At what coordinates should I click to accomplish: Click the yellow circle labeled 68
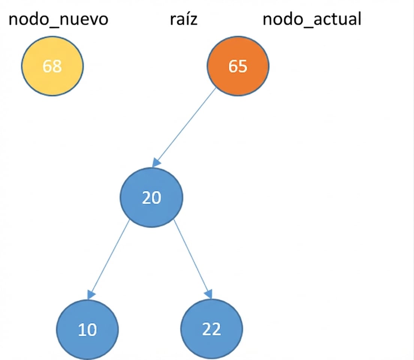click(52, 66)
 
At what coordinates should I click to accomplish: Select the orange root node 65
click(238, 66)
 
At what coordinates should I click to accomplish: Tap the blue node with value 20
click(151, 197)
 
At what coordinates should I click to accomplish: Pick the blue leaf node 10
click(88, 329)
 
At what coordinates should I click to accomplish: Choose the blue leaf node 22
click(211, 329)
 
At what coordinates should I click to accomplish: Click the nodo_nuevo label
click(58, 19)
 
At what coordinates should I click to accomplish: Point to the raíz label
click(183, 19)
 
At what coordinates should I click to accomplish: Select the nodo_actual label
click(312, 19)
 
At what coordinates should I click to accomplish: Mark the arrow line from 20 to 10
click(109, 259)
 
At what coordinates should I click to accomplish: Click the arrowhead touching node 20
click(157, 163)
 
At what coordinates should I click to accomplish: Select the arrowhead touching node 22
click(209, 294)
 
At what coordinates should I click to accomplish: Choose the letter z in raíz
click(193, 20)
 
